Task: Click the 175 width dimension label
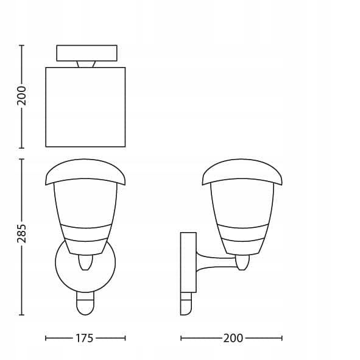pyautogui.click(x=84, y=338)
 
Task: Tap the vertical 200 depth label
pyautogui.click(x=21, y=96)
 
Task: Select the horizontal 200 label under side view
pyautogui.click(x=233, y=338)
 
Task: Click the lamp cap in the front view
pyautogui.click(x=85, y=172)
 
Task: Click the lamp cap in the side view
pyautogui.click(x=242, y=172)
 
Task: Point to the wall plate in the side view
pyautogui.click(x=188, y=262)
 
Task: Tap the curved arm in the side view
pyautogui.click(x=216, y=262)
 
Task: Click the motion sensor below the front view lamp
pyautogui.click(x=85, y=303)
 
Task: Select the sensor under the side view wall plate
pyautogui.click(x=186, y=303)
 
